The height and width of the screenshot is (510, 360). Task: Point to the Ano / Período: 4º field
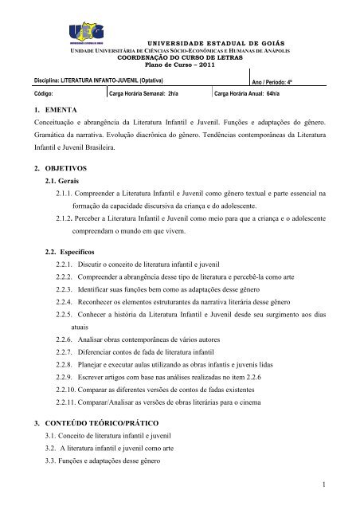[278, 81]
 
